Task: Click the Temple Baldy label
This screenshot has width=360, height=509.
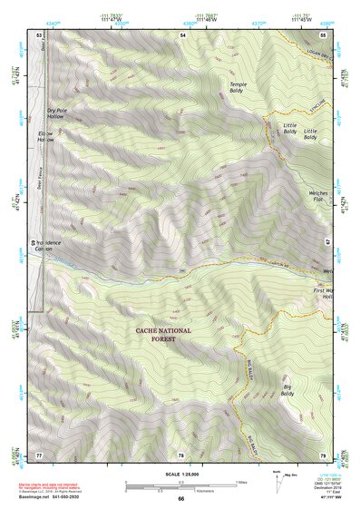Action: click(x=238, y=87)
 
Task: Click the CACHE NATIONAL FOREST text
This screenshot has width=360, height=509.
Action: click(x=164, y=335)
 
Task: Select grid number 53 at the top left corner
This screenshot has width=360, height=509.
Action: click(x=39, y=34)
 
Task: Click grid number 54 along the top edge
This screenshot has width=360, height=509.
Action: click(x=182, y=34)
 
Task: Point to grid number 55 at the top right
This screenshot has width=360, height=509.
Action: click(x=323, y=34)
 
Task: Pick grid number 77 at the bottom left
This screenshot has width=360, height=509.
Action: click(x=39, y=454)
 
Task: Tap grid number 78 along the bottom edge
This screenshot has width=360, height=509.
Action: click(x=180, y=454)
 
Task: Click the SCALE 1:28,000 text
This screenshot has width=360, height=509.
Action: click(x=180, y=475)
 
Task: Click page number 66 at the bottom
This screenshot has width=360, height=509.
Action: click(x=180, y=498)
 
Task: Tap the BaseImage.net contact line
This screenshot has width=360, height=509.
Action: click(x=54, y=496)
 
